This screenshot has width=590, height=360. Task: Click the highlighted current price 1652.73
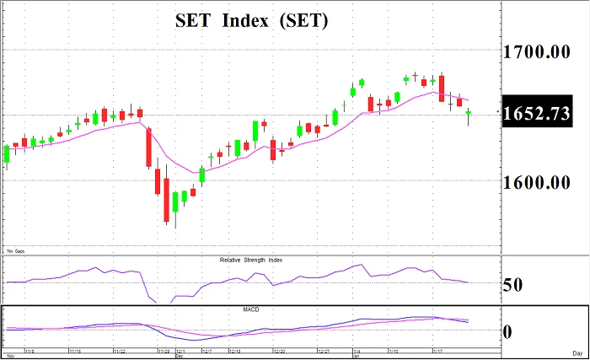click(x=537, y=116)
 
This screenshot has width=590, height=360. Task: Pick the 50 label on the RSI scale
click(x=512, y=284)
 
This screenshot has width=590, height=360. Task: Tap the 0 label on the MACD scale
click(x=507, y=331)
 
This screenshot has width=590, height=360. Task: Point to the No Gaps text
click(x=15, y=251)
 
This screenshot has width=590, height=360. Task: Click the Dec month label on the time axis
click(x=179, y=356)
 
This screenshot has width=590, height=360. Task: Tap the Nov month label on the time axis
click(x=9, y=356)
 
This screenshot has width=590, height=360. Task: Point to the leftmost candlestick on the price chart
click(x=7, y=153)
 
